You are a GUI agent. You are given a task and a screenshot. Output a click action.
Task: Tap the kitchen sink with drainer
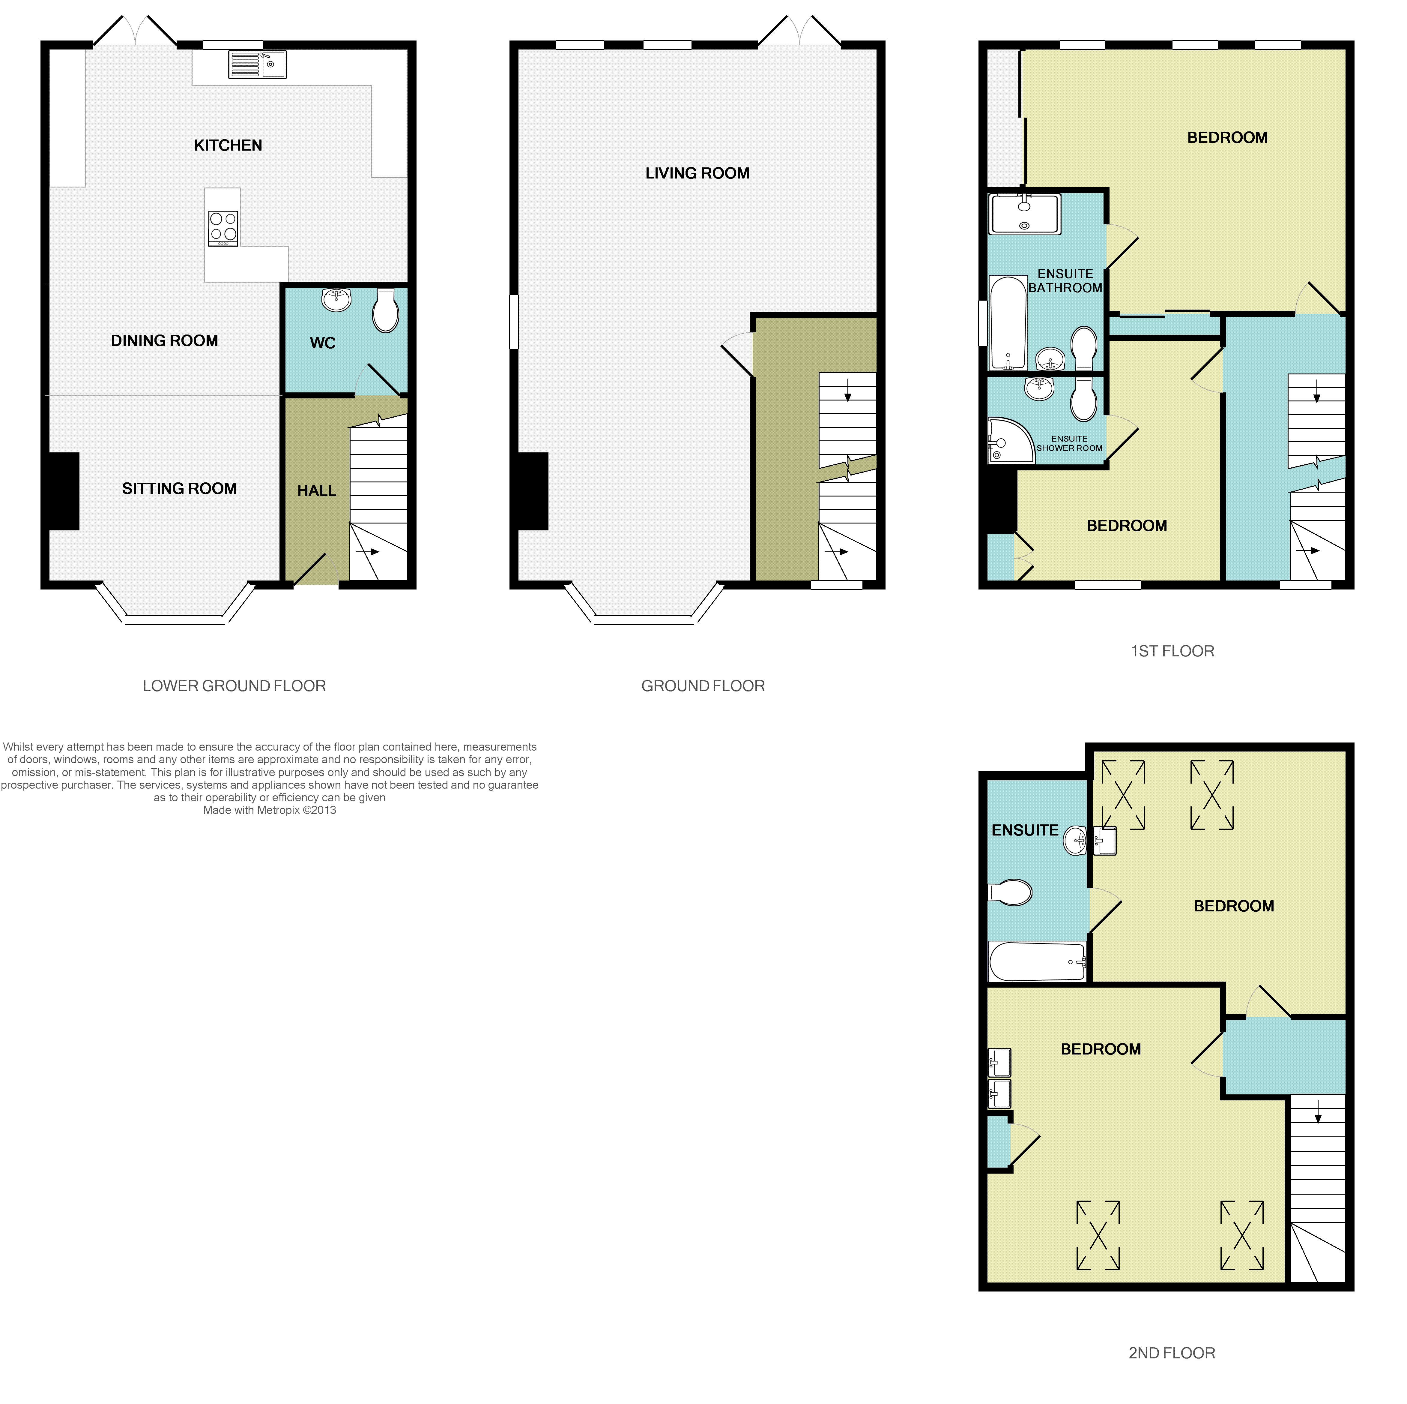(257, 64)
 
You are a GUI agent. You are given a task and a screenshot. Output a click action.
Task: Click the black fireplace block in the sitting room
(64, 491)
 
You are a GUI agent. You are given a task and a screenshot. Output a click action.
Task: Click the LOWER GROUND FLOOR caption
(234, 685)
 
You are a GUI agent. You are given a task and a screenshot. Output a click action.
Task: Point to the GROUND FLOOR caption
(703, 685)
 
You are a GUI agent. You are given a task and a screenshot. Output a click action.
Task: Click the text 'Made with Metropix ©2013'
(270, 810)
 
